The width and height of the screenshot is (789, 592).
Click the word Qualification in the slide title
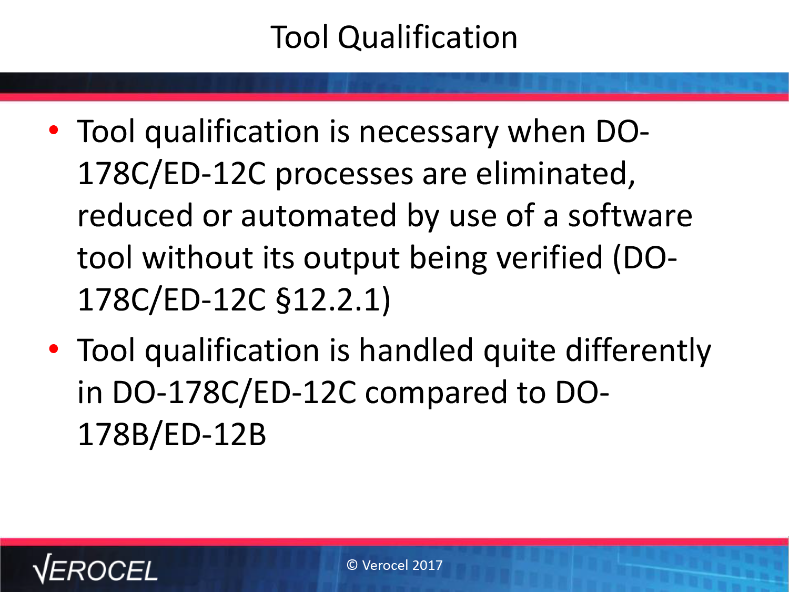pos(428,38)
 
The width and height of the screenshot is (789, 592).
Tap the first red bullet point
pos(54,130)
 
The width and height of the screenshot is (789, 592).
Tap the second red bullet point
pos(54,349)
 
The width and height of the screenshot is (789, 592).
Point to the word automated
pos(318,215)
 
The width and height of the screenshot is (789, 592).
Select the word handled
pos(416,350)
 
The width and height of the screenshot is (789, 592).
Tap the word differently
pos(638,352)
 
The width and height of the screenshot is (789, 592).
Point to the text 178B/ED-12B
pos(172,435)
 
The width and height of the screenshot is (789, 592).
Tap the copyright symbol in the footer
pos(352,565)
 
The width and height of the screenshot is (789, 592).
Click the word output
pos(351,258)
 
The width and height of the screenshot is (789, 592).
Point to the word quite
pos(519,352)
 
